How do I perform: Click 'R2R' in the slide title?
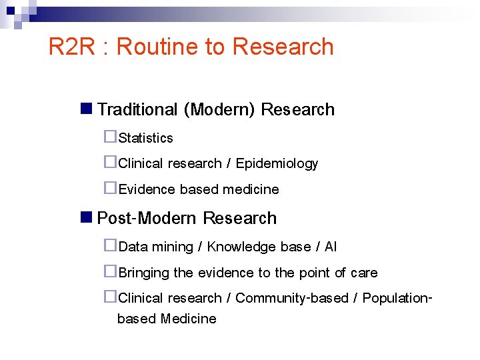[73, 47]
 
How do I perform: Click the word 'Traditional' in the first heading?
[137, 109]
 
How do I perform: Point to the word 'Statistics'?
[145, 138]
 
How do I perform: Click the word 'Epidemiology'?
[277, 163]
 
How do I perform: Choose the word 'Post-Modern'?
[147, 218]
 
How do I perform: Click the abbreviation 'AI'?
[331, 247]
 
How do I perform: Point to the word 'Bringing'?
[143, 273]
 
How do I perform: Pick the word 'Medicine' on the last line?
[188, 319]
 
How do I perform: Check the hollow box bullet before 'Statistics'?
[110, 137]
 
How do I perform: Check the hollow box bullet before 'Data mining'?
[110, 245]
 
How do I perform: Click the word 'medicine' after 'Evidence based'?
[251, 189]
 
